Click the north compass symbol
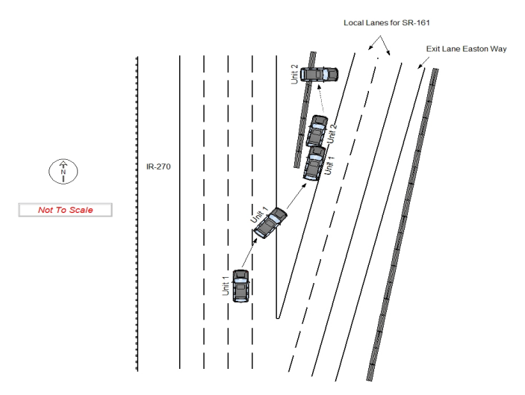[x=63, y=171]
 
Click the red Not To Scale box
[x=65, y=211]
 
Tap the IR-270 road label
[x=158, y=167]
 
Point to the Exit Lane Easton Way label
[x=466, y=49]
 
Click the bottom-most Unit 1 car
[x=240, y=286]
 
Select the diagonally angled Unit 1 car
[x=270, y=223]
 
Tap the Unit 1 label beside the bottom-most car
[x=226, y=286]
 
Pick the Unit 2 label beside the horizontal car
[x=296, y=74]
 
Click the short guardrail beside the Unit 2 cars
[x=305, y=112]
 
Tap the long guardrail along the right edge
[x=403, y=224]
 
